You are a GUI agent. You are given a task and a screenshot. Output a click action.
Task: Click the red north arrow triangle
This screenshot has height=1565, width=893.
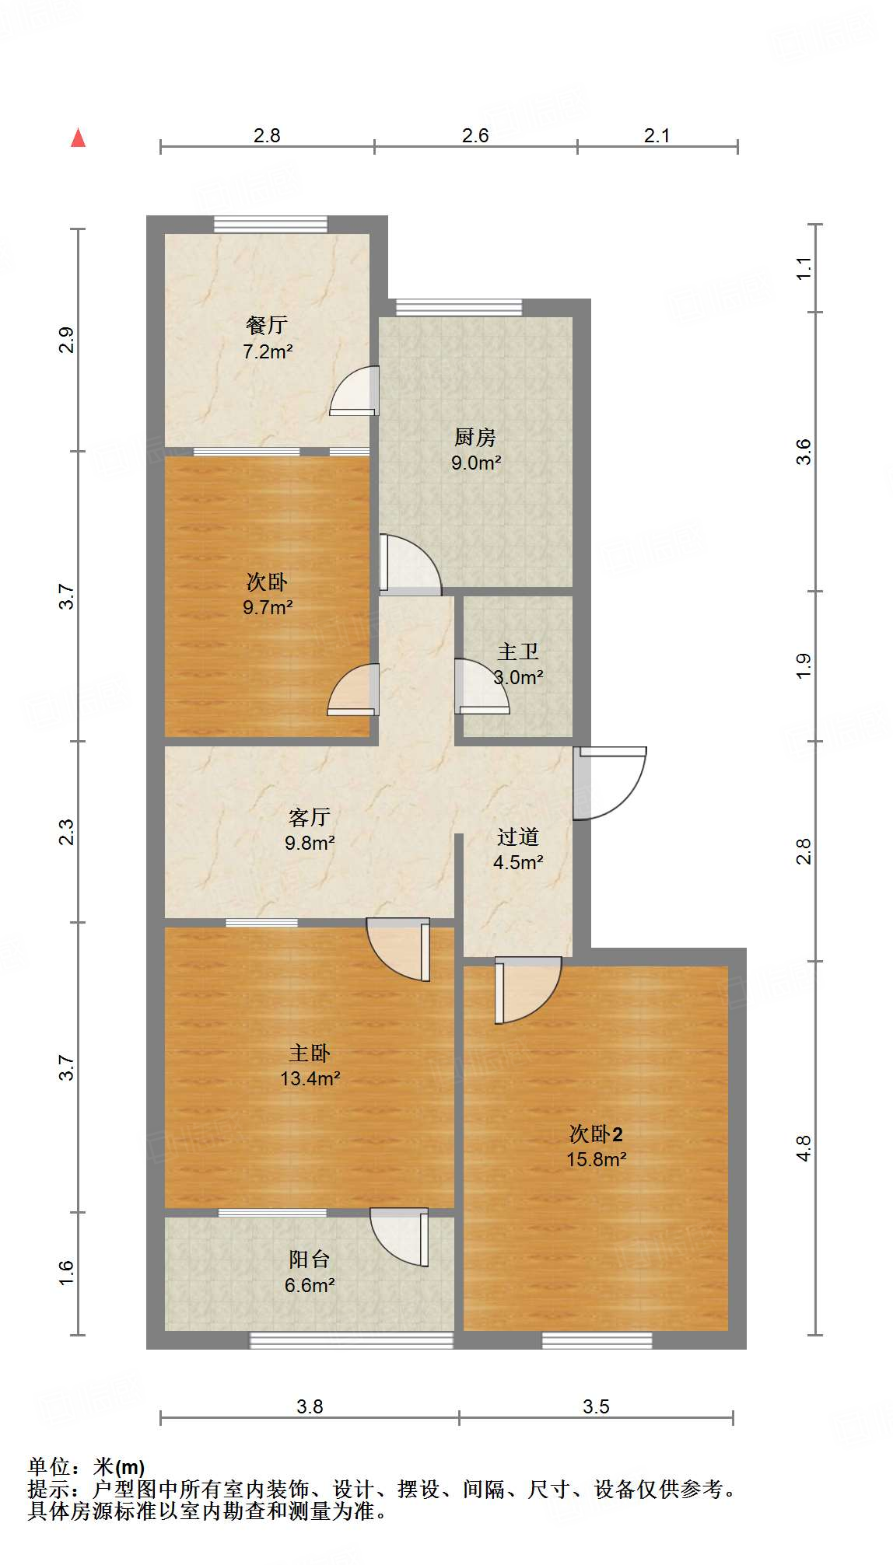point(78,138)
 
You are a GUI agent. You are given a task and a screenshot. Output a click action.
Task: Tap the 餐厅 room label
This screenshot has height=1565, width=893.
point(267,325)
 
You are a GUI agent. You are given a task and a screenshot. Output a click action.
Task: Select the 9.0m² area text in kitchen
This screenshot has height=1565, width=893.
point(476,463)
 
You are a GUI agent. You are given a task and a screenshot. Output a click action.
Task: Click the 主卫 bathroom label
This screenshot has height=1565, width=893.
point(518,652)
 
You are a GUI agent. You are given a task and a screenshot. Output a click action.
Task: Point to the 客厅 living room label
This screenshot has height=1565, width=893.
point(310,817)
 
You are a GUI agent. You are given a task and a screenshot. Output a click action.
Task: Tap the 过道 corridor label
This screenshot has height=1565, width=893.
point(518,837)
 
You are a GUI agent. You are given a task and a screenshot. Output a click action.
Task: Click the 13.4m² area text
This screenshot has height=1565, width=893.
point(310,1078)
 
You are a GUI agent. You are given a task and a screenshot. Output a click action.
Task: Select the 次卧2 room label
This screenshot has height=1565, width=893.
point(596,1134)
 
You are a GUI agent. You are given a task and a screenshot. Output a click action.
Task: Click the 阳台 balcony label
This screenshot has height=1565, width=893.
point(310,1259)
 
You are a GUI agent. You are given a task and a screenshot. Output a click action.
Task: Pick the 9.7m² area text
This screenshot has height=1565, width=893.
point(267,607)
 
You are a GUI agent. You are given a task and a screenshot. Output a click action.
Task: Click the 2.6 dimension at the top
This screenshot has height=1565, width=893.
point(475,136)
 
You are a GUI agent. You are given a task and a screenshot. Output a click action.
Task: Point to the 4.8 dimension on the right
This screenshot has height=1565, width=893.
point(804,1148)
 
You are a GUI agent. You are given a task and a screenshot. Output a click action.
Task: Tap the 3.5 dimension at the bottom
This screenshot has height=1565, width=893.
point(596,1406)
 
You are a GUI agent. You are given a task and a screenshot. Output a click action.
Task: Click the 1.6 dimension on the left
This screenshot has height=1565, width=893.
point(67,1273)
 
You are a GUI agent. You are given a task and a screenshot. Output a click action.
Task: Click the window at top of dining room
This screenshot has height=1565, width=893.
point(271,224)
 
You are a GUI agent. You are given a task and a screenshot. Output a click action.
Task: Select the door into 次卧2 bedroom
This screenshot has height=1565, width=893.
point(527,989)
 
